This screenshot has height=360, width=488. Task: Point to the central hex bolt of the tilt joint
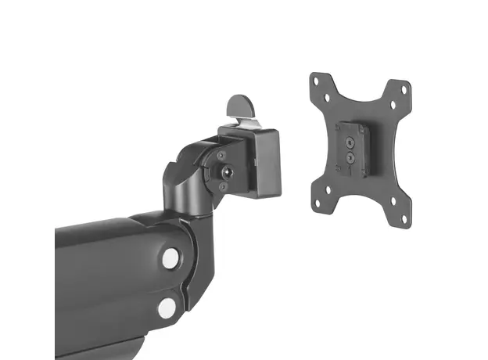coord(226,171)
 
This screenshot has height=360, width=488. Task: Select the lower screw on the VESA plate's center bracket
coord(350,157)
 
